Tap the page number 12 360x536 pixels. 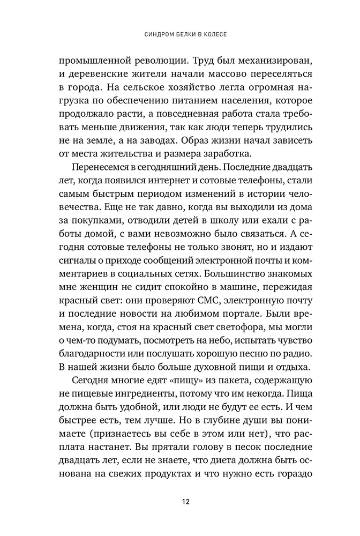point(184,502)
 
